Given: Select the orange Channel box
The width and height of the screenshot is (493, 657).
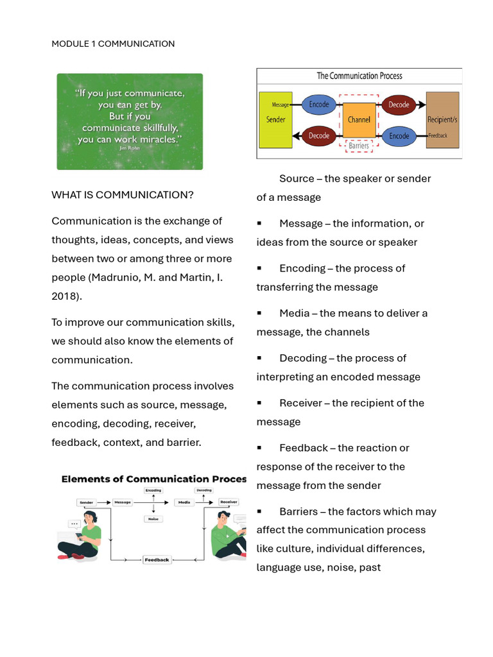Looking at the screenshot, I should pos(359,120).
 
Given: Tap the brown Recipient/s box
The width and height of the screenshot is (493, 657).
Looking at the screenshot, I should pos(442,120).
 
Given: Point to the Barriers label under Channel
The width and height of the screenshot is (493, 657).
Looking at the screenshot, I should pos(359,146).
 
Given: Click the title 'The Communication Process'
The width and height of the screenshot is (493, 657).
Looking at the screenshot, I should pos(359,76).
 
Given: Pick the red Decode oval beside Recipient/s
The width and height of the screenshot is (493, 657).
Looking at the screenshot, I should pos(399,104).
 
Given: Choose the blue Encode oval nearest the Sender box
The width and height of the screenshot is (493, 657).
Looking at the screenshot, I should pos(319,104).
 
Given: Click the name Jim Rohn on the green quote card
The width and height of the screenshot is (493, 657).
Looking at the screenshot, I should pos(129,148).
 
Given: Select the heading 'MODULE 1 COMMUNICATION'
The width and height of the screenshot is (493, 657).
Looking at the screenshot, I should pos(113,44).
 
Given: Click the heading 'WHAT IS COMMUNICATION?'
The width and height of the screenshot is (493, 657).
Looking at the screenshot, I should pos(123,194).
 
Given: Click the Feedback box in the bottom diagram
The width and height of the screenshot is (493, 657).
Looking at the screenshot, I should pos(157,559).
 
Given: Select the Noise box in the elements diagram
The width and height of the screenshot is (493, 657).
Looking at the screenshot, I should pos(153,519).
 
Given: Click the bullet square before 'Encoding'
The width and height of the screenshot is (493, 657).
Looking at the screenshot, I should pos(259,268).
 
